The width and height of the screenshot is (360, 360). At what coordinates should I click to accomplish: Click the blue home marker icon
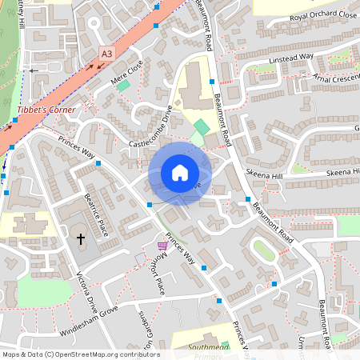180,173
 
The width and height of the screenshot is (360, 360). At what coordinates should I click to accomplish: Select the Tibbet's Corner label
46,110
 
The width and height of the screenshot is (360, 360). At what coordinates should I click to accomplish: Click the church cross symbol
80,238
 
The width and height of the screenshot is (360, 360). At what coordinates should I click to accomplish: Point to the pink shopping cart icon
162,246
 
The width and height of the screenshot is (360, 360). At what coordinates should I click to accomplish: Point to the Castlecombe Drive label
151,130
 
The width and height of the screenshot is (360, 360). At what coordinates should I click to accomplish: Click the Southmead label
208,347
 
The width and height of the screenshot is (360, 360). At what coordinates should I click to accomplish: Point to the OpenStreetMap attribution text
81,354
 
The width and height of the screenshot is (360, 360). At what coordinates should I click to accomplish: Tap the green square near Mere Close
122,85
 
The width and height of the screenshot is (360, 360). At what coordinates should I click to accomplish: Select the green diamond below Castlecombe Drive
201,126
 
